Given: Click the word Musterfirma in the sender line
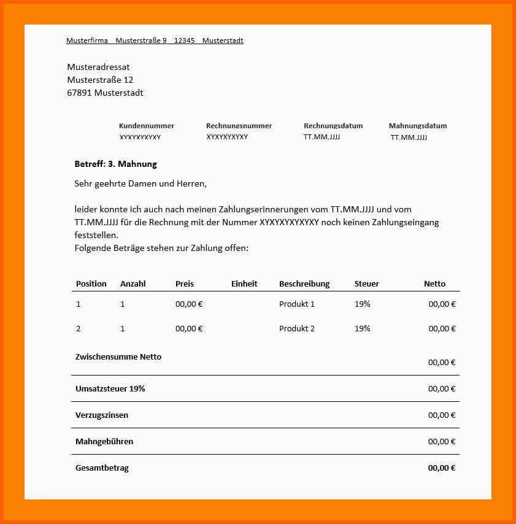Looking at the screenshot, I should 87,40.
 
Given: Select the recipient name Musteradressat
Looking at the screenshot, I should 98,67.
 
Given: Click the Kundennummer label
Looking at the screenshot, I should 146,126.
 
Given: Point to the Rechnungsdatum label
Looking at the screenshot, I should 333,126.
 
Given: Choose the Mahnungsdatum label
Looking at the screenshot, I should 418,126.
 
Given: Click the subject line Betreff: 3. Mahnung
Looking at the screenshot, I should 115,164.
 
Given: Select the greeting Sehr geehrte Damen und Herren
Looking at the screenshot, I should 141,183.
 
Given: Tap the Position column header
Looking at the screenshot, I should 91,283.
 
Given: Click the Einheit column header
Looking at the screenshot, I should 244,283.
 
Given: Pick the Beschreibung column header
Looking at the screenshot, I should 304,283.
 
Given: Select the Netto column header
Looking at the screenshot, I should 434,283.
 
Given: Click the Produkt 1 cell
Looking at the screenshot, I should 297,304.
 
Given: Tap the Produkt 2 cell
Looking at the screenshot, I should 297,328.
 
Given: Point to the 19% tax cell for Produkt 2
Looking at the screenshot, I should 363,328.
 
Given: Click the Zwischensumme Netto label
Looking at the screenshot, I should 118,356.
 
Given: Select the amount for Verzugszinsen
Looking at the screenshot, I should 442,415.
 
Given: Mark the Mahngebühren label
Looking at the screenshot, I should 104,441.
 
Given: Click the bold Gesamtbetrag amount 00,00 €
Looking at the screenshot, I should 442,468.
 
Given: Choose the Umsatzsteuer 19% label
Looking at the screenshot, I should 110,388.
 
